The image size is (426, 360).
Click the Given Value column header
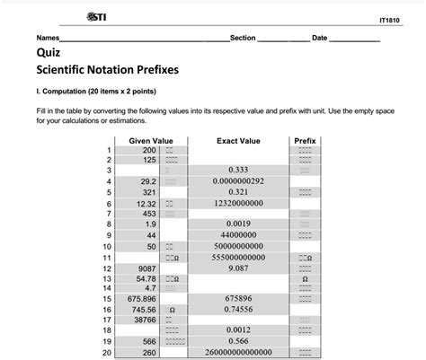click(x=150, y=140)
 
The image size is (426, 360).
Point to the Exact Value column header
click(x=238, y=140)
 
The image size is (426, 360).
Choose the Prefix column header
click(x=305, y=140)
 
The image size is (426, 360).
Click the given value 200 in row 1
click(x=148, y=150)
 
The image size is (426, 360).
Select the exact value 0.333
click(x=238, y=169)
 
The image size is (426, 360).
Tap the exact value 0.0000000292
click(x=238, y=180)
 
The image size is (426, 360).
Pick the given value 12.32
click(x=146, y=203)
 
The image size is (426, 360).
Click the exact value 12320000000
click(x=238, y=203)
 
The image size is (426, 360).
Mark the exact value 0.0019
click(x=238, y=224)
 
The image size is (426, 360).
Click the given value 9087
click(x=146, y=268)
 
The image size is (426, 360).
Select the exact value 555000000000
click(x=238, y=257)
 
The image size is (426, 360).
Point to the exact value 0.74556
click(x=238, y=309)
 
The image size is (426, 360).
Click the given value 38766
click(x=145, y=320)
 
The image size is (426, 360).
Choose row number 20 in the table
click(x=108, y=353)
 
